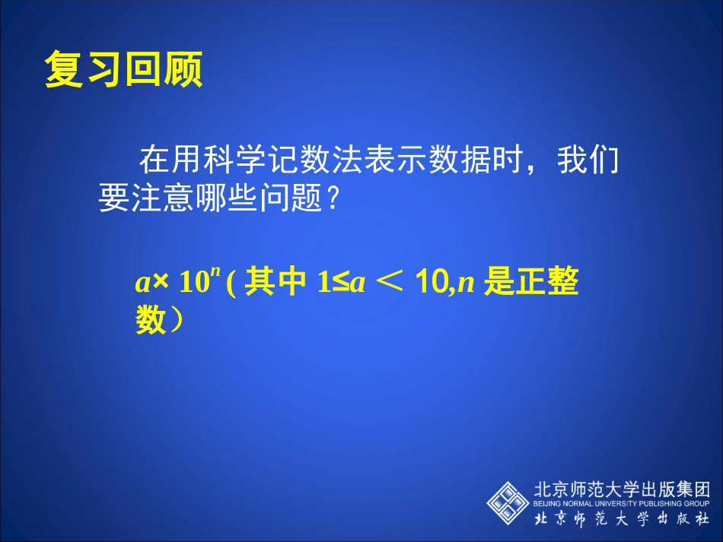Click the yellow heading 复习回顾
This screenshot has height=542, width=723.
[123, 71]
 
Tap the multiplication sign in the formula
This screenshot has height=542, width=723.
[161, 284]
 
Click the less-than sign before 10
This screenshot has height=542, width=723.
[388, 284]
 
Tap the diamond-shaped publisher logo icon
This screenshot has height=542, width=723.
[508, 499]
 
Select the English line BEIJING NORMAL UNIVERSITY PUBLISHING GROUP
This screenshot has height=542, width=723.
[622, 503]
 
